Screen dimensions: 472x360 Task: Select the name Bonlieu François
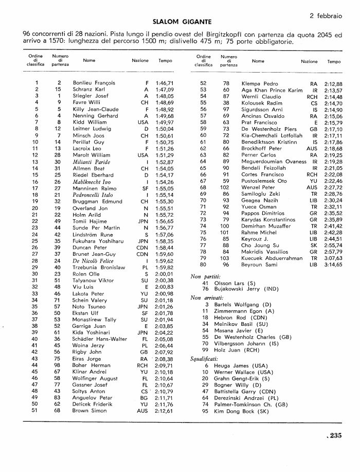pos(94,82)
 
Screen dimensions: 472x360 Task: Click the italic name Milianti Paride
pos(91,162)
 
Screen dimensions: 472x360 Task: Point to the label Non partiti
pos(203,276)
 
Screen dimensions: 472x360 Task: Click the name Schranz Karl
pos(88,89)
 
